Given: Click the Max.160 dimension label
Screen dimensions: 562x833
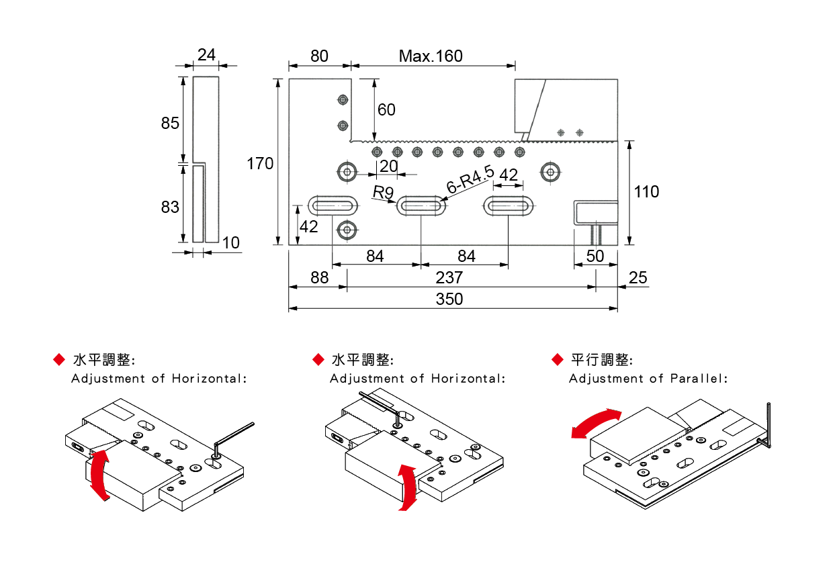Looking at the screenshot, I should (431, 56).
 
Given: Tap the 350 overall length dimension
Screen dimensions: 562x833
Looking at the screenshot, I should (449, 299).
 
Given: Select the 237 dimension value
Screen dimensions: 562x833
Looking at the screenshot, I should (449, 277).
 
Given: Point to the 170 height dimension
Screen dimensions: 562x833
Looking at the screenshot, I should (260, 163).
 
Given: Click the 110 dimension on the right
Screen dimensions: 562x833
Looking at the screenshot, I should (646, 192).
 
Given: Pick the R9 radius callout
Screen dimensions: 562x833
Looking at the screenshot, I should (383, 193).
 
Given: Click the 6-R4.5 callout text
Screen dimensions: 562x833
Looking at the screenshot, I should (470, 180).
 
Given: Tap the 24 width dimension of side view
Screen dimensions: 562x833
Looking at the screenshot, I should (207, 55).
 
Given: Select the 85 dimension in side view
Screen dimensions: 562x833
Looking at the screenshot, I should (170, 124).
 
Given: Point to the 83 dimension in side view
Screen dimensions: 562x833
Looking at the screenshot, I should (170, 207).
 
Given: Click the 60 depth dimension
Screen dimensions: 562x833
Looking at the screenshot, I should (386, 109).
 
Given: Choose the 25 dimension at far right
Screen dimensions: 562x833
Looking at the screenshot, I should (639, 277).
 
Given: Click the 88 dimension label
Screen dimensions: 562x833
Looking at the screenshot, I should (319, 277).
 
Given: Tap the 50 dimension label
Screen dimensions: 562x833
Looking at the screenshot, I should (595, 256).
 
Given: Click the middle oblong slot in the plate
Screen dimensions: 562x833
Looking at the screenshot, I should (421, 205).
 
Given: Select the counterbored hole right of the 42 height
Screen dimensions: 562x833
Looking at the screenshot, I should (347, 230).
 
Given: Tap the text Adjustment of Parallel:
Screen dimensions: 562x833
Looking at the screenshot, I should (648, 379).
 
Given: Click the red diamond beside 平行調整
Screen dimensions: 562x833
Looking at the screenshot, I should (556, 360).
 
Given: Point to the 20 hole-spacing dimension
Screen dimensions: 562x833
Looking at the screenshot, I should (389, 166).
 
